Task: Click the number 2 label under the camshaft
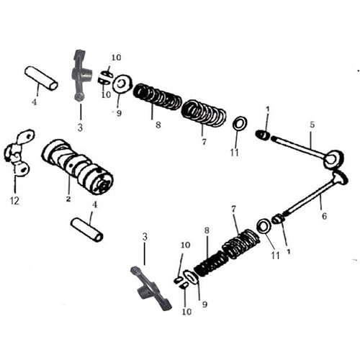68,197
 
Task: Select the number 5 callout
312,124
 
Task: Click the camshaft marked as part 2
77,165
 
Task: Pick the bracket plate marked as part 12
17,153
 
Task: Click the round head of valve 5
333,159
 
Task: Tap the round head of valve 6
339,177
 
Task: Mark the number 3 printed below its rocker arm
80,127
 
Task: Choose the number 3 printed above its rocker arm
145,236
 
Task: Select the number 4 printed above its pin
92,205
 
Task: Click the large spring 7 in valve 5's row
203,112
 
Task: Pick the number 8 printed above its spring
206,230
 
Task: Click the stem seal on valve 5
264,135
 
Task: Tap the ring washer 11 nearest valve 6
263,228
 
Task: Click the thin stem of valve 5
299,146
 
